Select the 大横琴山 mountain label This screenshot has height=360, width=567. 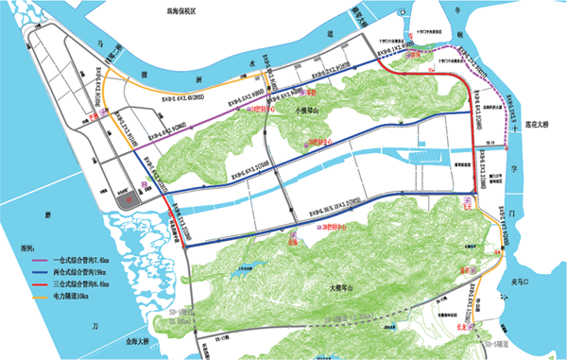(339, 288)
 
